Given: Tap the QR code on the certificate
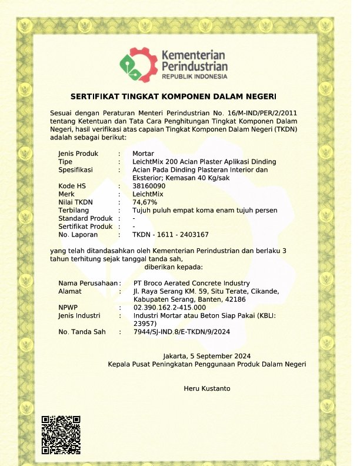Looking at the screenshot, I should (61, 434).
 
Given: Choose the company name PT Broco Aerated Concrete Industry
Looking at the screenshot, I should (192, 283).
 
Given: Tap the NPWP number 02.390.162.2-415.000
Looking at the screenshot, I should (169, 307).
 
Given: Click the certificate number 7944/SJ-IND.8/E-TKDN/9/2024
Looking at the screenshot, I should (181, 332).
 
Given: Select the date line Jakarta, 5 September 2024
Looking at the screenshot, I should (206, 356).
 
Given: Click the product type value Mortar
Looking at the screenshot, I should (144, 154).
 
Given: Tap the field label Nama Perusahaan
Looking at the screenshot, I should (88, 283).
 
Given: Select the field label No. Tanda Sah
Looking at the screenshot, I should (82, 332).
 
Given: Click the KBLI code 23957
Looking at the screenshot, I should (144, 323).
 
